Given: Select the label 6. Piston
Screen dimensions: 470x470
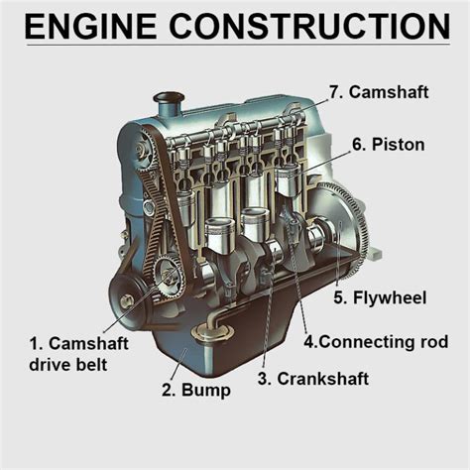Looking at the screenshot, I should [388, 145].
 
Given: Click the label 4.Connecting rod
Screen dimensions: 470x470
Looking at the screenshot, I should [376, 342].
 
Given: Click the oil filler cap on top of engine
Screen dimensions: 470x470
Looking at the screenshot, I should [170, 100].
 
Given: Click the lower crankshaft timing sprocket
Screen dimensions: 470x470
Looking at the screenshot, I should [164, 274].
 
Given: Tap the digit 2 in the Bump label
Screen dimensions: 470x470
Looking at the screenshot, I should [167, 390].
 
